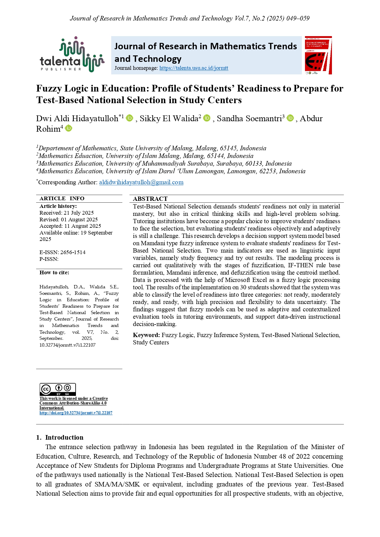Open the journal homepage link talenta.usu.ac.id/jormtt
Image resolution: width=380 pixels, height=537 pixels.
[194, 68]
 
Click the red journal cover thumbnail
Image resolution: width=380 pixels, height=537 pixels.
[318, 55]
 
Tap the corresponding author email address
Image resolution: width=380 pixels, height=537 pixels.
[141, 182]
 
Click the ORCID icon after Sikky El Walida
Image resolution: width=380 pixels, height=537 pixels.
[207, 118]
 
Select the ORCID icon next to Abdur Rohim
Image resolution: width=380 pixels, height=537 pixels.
[69, 128]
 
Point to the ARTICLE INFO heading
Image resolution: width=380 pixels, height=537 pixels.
[62, 198]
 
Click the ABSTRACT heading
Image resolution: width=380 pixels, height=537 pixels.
[150, 199]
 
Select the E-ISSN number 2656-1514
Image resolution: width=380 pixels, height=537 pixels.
[73, 252]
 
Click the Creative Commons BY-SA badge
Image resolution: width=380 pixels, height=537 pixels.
[58, 389]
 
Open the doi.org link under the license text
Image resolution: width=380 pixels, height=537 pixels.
[76, 413]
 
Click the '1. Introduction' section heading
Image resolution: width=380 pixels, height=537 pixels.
[60, 437]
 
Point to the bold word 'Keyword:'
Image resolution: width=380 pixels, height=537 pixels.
[146, 335]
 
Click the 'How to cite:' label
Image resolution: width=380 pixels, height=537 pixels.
[54, 272]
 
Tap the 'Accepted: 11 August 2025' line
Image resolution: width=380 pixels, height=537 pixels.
[70, 226]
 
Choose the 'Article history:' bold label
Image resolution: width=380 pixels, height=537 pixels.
[58, 206]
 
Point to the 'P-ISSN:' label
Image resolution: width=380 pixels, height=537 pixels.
[49, 259]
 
